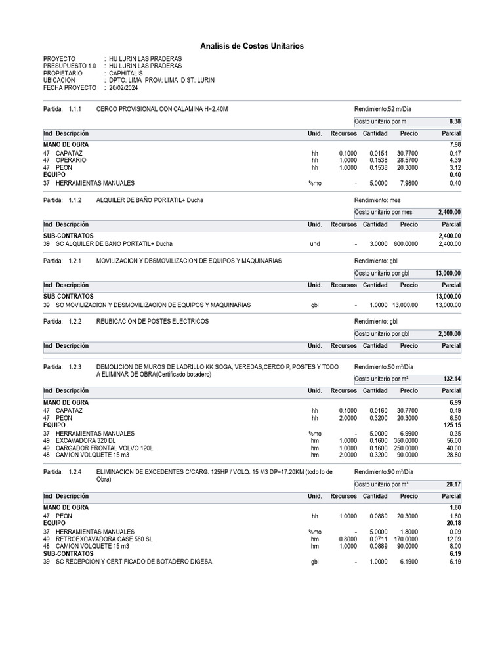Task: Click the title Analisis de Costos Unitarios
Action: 252,46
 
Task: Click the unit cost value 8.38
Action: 454,121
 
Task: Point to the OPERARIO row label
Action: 71,160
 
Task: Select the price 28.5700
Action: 408,160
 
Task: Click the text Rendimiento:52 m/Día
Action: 383,109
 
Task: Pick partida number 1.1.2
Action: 76,199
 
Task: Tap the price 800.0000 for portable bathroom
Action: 406,243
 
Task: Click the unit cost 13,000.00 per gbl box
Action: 448,273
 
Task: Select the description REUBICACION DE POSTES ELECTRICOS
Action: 152,321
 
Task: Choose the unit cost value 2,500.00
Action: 450,333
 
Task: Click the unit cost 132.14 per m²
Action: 451,379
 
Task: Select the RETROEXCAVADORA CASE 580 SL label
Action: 104,539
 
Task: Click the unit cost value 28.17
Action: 453,484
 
